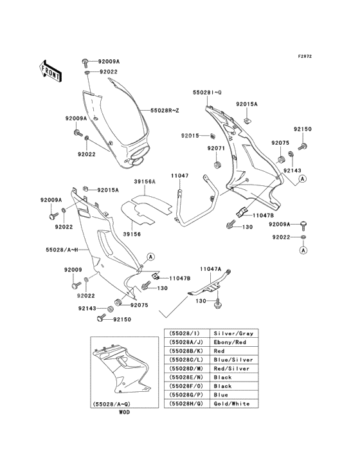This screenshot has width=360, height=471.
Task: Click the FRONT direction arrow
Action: (51, 71)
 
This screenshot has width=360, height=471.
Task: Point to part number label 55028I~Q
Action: (207, 93)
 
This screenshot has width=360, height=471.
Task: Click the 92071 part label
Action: (215, 148)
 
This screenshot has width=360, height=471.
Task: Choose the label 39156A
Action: (145, 182)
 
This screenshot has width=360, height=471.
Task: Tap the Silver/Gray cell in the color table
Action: (233, 334)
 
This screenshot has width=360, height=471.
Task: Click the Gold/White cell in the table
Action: (233, 403)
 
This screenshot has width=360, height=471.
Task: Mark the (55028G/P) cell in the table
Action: (186, 394)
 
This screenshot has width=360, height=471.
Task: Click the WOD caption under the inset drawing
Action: (124, 412)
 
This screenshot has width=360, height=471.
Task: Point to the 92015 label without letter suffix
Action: (190, 136)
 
